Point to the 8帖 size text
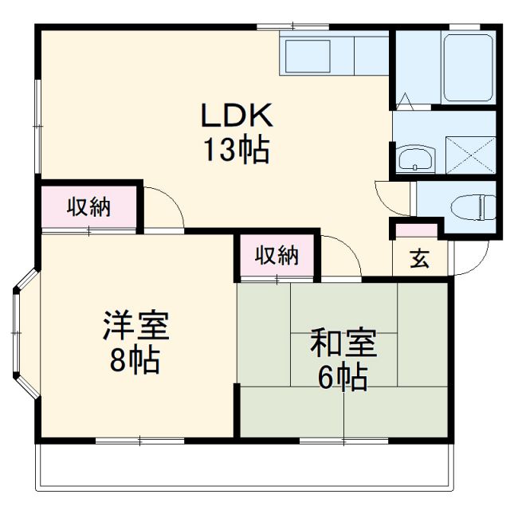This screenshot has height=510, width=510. pos(135,361)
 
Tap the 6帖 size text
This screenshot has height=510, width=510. pos(343,376)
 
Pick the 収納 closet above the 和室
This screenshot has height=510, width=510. pos(277,256)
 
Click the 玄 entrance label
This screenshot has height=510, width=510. pos(418,259)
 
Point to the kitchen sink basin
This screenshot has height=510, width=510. pos(308,57)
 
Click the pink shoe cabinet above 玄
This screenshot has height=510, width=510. pos(417,230)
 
